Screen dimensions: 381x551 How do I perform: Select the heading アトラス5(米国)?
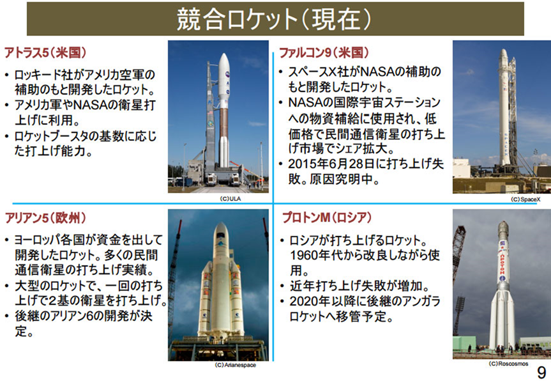click(x=45, y=52)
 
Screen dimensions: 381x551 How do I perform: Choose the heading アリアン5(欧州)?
click(x=45, y=217)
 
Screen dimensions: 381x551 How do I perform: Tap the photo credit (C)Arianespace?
click(x=236, y=366)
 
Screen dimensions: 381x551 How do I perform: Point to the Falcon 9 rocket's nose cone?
click(x=503, y=61)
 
